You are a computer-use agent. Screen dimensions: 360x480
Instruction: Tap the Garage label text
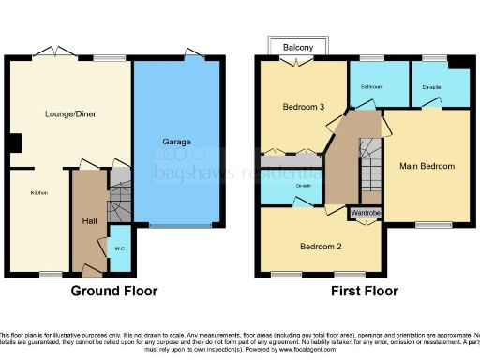click(177, 142)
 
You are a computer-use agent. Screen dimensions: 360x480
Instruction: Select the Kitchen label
click(38, 193)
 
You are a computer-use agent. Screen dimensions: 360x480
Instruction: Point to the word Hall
click(89, 221)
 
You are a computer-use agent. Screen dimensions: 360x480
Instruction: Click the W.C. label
click(120, 248)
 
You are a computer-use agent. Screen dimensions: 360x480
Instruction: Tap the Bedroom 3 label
click(304, 108)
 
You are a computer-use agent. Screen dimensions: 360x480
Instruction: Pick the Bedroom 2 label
click(320, 247)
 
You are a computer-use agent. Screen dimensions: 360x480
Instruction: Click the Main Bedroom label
click(430, 166)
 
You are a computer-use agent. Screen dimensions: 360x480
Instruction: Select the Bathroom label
click(372, 87)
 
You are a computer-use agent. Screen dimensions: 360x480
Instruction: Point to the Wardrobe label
click(366, 213)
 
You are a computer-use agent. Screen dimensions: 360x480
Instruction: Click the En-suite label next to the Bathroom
click(432, 87)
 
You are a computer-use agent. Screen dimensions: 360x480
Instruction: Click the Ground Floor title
click(114, 292)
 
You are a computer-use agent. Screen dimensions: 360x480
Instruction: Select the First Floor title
click(365, 292)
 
